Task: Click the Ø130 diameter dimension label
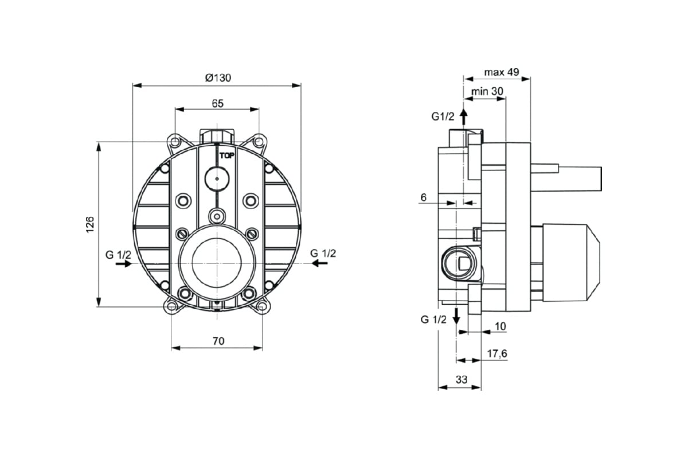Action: tap(217, 78)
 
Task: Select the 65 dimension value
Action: tap(217, 103)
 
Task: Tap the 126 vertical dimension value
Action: tap(89, 224)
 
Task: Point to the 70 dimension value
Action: tap(218, 341)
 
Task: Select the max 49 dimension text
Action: tap(501, 72)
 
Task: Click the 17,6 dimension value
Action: tap(497, 354)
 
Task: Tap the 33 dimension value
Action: tap(462, 379)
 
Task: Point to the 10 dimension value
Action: tap(500, 326)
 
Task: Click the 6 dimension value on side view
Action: tap(423, 197)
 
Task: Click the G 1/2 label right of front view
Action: tap(323, 253)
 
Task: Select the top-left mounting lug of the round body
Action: tap(174, 141)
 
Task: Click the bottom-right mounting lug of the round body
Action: tap(261, 306)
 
